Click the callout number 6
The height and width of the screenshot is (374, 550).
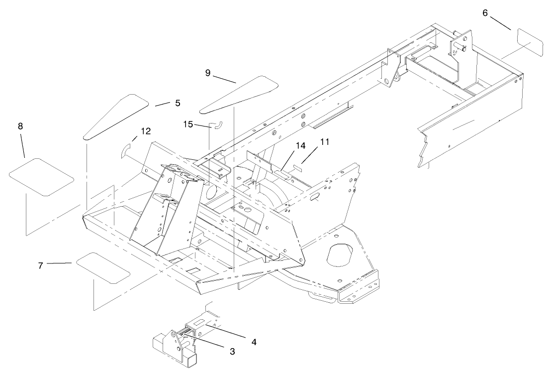pos(485,12)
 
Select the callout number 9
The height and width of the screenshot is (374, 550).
pos(208,73)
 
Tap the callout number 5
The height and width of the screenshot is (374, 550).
pos(177,103)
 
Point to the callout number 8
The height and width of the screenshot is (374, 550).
pos(20,126)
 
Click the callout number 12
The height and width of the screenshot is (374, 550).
pos(145,131)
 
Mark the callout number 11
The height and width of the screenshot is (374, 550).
pos(325,142)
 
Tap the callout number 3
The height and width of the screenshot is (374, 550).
pos(232,351)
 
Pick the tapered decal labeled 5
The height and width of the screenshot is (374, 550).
pos(115,116)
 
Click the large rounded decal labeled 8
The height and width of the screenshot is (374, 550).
pos(41,177)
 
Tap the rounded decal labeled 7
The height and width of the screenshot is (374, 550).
pos(103,267)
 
